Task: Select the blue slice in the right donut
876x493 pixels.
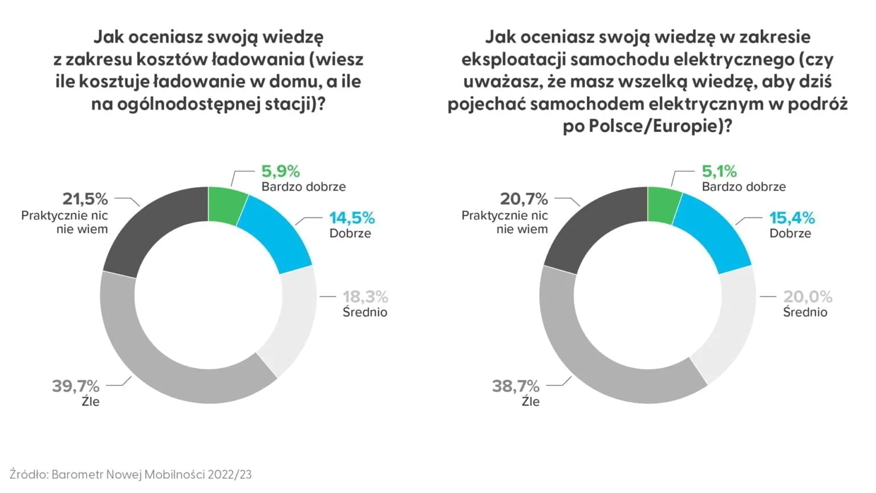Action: [x=716, y=234]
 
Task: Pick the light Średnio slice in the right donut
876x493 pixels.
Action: [x=730, y=325]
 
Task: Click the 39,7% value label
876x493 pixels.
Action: [x=76, y=386]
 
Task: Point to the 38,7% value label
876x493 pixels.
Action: [x=516, y=386]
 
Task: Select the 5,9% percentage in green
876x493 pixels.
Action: [x=281, y=171]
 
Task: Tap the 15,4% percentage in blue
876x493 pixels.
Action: [x=792, y=218]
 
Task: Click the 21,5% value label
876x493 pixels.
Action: [x=85, y=199]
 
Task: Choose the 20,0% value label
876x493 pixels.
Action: [x=808, y=297]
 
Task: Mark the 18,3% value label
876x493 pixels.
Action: [x=365, y=297]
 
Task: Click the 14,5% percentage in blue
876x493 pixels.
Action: [x=352, y=218]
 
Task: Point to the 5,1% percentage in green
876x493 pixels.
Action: [x=719, y=171]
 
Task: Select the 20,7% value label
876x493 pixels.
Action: [x=524, y=199]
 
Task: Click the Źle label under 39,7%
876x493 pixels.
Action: [x=90, y=402]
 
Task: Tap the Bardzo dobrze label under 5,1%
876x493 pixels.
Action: [x=744, y=187]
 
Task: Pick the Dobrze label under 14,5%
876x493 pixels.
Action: [x=350, y=233]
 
